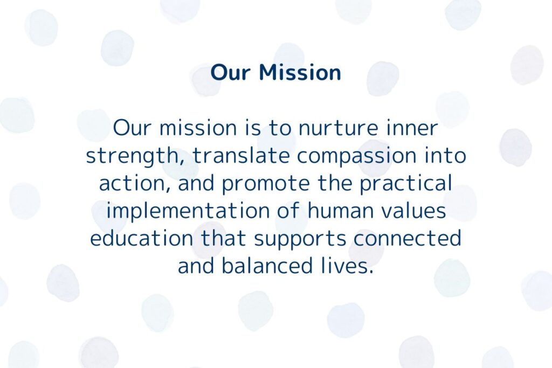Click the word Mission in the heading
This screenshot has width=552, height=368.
tap(300, 72)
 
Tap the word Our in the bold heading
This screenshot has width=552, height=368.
tap(230, 73)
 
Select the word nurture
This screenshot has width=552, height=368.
tap(338, 128)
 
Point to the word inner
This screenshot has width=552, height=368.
tap(412, 128)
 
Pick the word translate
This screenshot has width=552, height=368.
tap(241, 156)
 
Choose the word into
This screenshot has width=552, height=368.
tap(445, 155)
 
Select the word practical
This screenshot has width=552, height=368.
tap(405, 183)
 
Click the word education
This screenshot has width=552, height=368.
tap(142, 238)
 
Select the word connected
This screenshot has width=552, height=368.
tap(408, 238)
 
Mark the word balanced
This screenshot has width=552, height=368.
tap(267, 265)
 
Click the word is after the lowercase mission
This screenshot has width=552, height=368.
tap(253, 128)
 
